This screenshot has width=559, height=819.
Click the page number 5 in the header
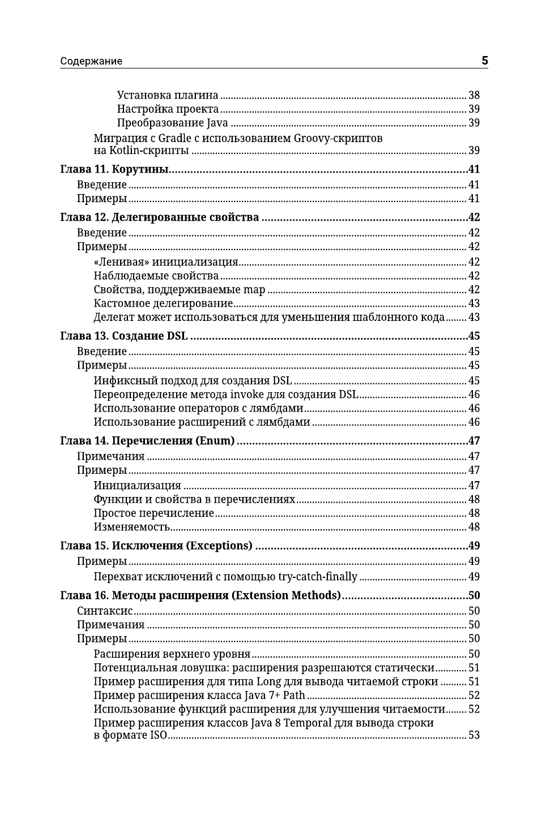pos(484,61)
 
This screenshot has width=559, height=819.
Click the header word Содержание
pos(91,61)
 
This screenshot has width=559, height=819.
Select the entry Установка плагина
pos(168,95)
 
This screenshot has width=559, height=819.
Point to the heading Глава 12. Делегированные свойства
pos(159,217)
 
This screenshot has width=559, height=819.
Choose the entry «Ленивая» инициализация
pos(165,262)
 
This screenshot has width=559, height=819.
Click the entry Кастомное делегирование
pos(163,303)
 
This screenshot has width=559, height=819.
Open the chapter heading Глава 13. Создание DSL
pos(123,336)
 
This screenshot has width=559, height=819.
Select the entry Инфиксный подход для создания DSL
pos(193,381)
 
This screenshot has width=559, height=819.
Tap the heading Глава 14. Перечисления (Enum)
pos(147,441)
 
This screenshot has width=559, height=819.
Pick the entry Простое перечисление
pos(153,513)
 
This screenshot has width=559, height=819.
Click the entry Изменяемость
pos(131,528)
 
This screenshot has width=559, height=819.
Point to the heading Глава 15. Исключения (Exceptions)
pos(156,546)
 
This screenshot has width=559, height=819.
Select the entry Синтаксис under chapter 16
pos(105,611)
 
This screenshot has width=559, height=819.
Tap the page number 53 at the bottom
pos(474,736)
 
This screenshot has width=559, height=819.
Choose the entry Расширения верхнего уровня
pos(172,655)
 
